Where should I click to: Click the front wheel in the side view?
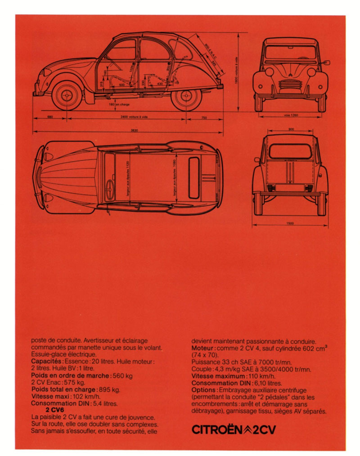67,95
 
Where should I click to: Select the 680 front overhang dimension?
50,117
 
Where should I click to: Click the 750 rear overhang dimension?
204,117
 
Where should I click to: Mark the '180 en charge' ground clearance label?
119,105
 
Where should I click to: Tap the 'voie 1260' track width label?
291,116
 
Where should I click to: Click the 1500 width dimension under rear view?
290,224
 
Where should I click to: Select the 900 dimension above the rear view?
291,130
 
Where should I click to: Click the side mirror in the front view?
326,63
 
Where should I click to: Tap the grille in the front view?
290,84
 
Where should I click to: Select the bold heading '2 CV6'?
54,410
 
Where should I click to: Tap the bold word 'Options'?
205,390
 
